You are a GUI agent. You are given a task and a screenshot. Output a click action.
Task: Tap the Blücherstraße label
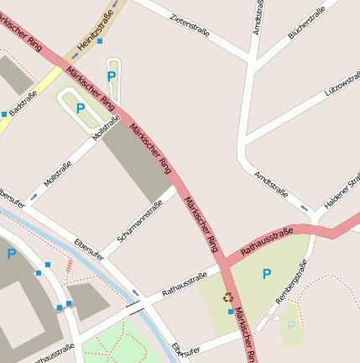(306, 24)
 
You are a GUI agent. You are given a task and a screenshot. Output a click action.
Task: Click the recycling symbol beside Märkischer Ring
(228, 297)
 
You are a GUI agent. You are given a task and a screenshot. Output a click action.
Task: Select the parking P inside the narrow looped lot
(112, 76)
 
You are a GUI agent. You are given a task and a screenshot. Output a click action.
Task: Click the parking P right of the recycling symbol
(267, 274)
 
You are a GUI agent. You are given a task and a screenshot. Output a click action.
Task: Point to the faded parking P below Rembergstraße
(291, 325)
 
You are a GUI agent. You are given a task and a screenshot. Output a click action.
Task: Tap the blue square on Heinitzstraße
(100, 40)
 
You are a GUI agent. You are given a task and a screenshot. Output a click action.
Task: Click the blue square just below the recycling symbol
(231, 312)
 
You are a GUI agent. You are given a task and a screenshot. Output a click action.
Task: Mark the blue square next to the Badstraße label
(4, 113)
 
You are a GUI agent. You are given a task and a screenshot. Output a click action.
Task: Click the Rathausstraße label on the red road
(266, 241)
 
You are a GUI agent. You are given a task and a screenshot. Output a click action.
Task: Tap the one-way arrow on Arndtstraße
(305, 208)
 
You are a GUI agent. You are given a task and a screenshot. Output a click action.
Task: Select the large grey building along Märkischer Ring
(139, 165)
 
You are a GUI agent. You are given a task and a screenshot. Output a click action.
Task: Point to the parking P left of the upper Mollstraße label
(81, 108)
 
